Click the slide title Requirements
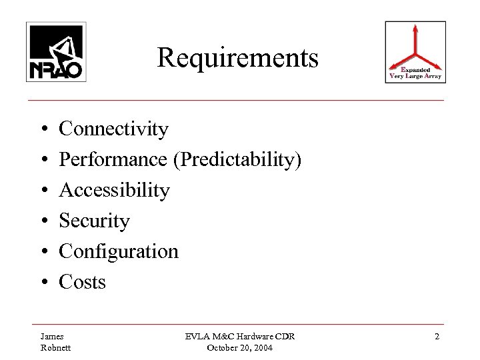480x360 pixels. (238, 59)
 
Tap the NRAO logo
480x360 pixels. (56, 51)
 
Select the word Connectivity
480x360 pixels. (114, 128)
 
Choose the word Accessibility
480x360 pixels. (115, 191)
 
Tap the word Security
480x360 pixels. (94, 221)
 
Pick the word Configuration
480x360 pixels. (119, 252)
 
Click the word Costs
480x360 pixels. (83, 282)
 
